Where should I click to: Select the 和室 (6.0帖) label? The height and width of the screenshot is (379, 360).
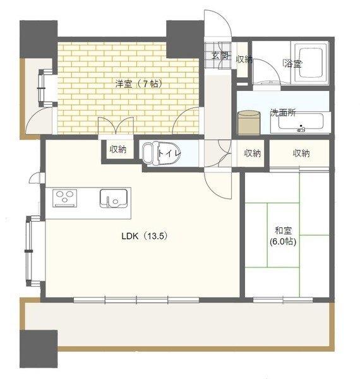coord(282,236)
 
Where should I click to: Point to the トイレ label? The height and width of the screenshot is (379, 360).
coord(170,152)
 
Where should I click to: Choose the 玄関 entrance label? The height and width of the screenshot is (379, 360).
coord(219,56)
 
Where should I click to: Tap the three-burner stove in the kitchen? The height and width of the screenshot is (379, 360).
coord(64,199)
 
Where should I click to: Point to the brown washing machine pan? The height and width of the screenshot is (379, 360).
coord(249,122)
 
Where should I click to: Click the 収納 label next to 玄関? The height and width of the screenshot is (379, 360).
coord(244,59)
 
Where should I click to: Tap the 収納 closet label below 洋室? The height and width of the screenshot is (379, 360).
coord(117,150)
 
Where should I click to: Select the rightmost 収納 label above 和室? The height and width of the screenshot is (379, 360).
coord(301,153)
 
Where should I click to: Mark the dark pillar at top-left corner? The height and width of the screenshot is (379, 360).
coord(38,37)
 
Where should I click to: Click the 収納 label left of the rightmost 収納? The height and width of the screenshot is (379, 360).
coord(253,153)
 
